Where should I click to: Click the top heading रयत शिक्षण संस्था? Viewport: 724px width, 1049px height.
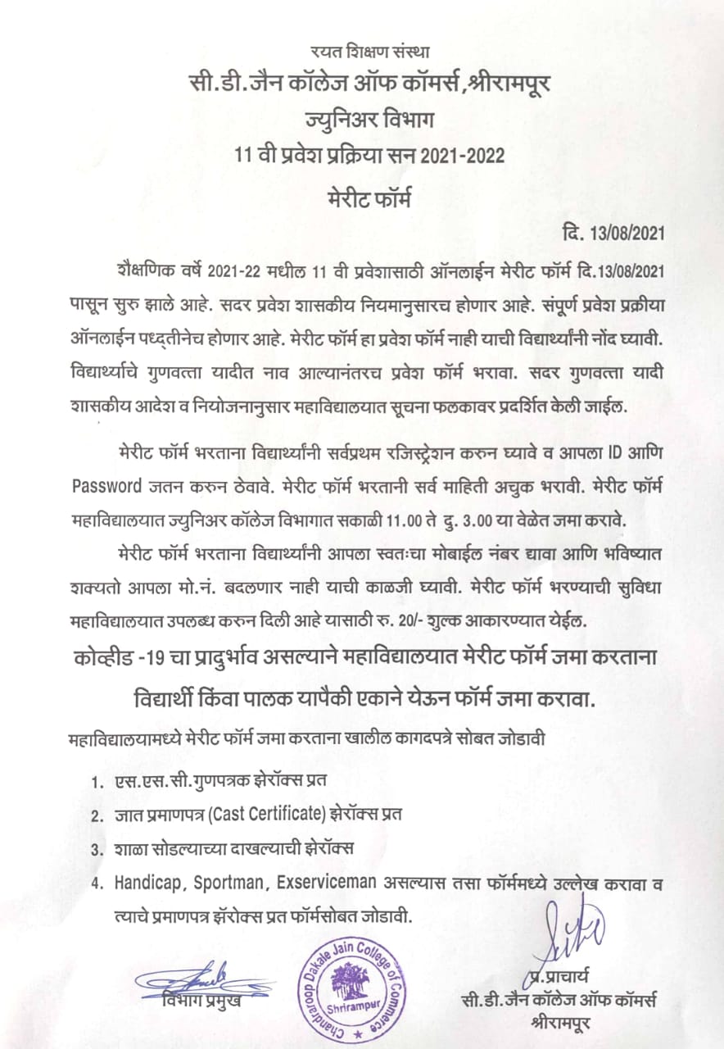point(362,53)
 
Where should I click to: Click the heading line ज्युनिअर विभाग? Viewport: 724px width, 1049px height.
point(362,120)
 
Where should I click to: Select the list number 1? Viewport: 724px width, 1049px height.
point(97,779)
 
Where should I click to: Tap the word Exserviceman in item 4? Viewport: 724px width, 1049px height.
point(326,883)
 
